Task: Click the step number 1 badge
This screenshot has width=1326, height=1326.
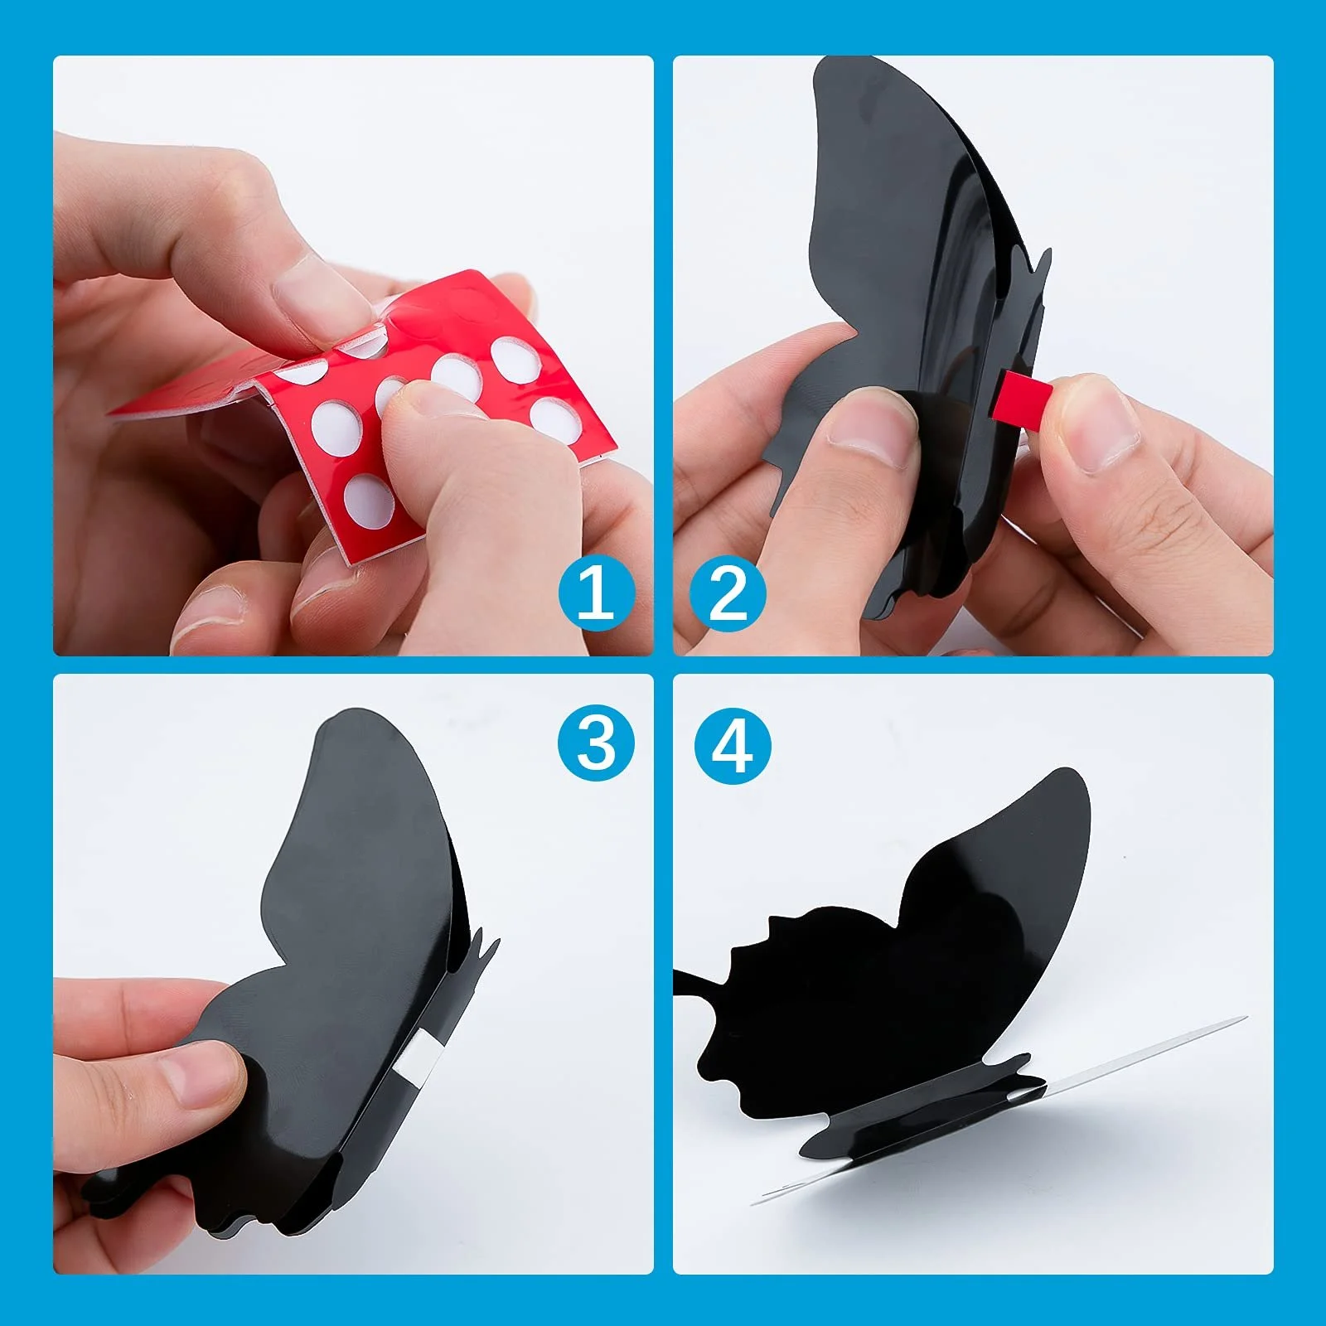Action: click(597, 593)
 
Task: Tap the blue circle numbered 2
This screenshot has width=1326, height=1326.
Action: click(728, 593)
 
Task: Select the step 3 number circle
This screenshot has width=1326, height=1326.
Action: click(597, 743)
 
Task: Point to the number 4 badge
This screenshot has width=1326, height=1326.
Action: click(733, 746)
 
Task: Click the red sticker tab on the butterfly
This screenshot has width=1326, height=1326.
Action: click(1024, 396)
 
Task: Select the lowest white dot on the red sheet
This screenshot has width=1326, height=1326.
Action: click(369, 501)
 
